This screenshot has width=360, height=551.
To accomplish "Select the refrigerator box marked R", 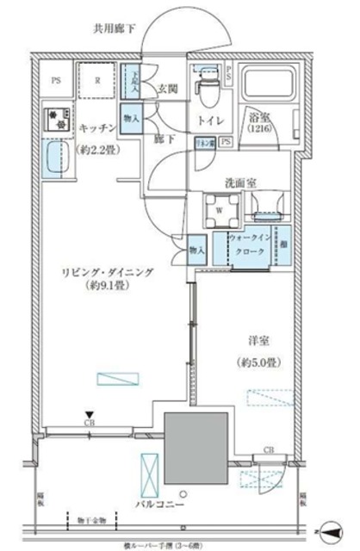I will [x=97, y=84].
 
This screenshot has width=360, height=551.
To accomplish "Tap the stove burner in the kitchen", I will [x=56, y=121].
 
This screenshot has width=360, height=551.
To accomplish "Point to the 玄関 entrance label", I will [x=168, y=88].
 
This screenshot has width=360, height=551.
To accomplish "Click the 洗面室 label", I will [x=238, y=183].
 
